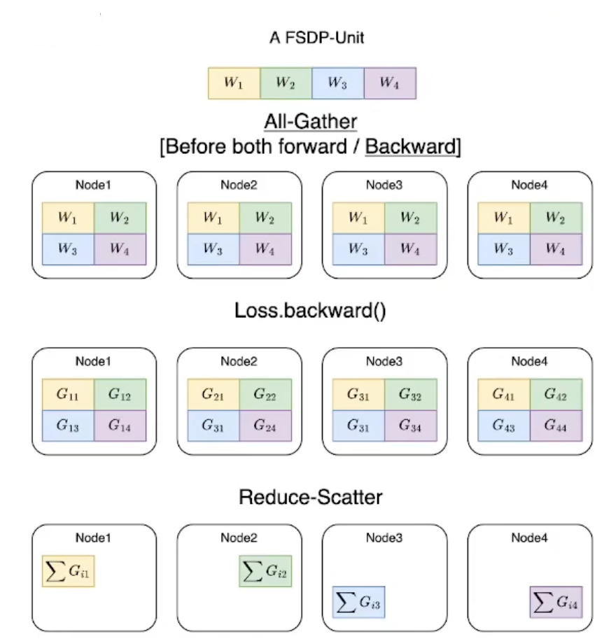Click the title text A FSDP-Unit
(316, 38)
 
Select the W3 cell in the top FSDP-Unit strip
(337, 83)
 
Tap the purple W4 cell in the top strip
(390, 83)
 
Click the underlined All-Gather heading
(310, 122)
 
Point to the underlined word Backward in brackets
(410, 148)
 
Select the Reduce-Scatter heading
(311, 498)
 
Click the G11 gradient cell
(68, 395)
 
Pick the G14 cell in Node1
(120, 425)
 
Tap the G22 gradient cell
(265, 395)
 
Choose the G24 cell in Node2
(265, 425)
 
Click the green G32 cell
(410, 395)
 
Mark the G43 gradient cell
(503, 425)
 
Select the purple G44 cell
(556, 425)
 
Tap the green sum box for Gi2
(265, 573)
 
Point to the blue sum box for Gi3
(358, 601)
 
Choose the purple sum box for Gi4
(556, 601)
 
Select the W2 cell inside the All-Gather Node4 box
(556, 218)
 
